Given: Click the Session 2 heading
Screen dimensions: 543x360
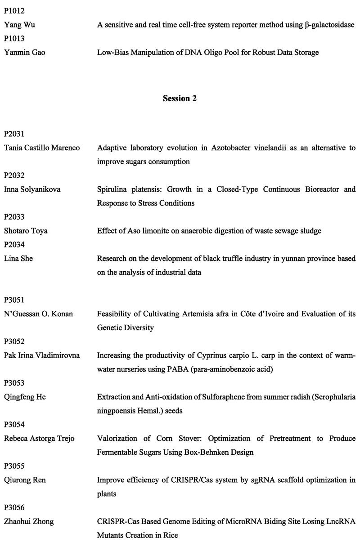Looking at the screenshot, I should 180,99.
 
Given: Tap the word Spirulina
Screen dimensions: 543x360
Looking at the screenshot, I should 112,189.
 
